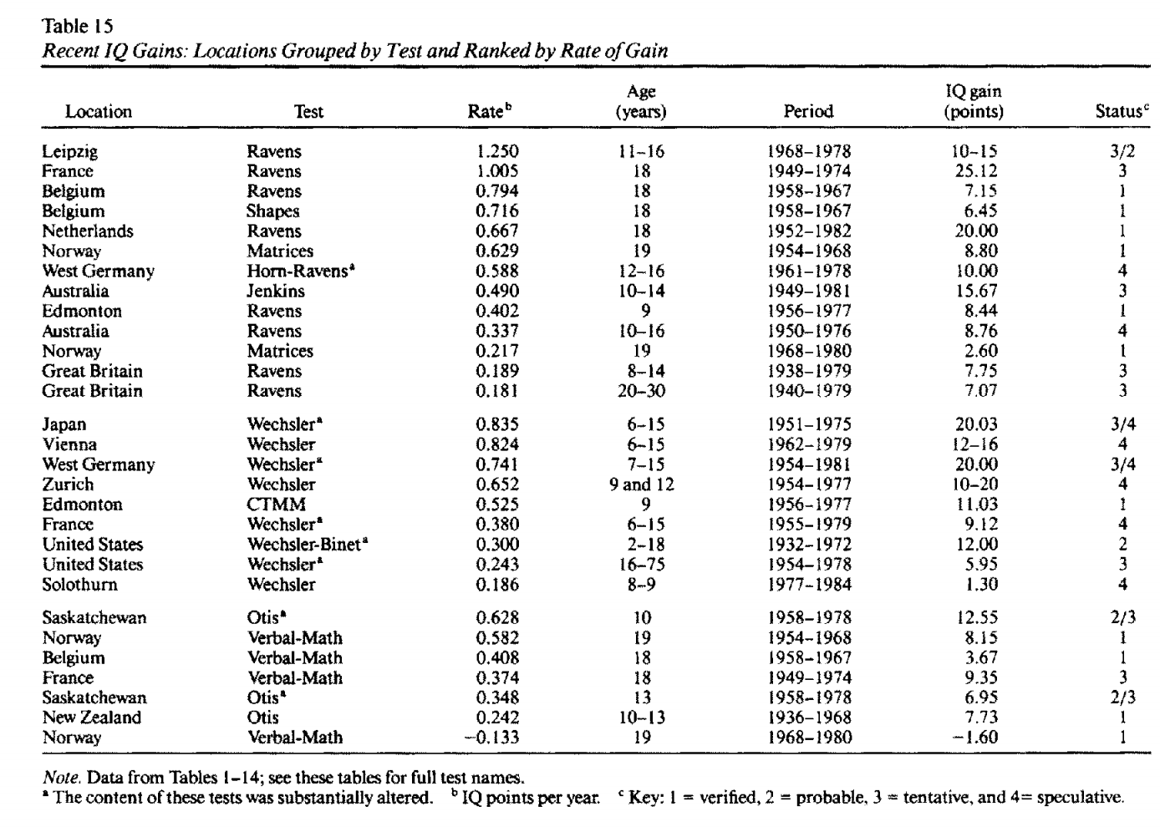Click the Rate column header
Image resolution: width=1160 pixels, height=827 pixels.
489,111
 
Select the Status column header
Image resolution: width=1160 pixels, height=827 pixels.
1121,111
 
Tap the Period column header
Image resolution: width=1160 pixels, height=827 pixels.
808,111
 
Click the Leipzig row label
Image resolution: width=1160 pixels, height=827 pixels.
70,151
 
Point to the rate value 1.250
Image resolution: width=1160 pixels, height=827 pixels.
497,151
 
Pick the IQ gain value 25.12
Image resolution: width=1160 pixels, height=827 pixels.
976,171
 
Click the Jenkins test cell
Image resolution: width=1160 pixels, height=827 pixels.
275,292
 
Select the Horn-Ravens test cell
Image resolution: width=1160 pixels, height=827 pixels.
297,271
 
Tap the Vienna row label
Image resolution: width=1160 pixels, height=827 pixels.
69,444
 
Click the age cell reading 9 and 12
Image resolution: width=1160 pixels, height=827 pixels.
641,485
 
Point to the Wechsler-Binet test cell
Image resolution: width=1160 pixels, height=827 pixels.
308,545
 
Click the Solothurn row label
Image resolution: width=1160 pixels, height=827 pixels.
80,585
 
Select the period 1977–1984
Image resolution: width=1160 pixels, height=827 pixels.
808,585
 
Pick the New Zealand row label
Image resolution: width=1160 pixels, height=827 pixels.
92,718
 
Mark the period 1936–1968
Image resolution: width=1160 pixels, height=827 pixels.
808,718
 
